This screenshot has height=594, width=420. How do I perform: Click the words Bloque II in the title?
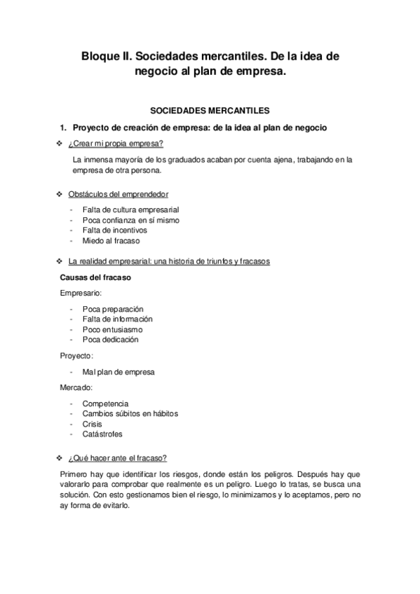coord(107,55)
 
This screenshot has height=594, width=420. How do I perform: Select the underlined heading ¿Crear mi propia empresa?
coord(116,144)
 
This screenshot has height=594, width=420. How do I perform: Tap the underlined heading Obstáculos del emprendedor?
coord(118,194)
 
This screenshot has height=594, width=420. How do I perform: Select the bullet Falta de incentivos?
coord(114,230)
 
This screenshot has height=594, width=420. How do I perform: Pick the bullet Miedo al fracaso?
coord(111,240)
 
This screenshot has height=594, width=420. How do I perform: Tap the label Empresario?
coord(81,293)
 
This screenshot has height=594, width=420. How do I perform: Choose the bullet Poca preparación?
coord(112,309)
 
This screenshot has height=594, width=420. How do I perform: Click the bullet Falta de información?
coord(117,319)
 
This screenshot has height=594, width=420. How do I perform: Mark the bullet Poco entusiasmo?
coord(112,329)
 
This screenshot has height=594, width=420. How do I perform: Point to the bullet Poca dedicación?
coord(110,340)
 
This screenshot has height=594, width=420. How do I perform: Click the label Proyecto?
coord(76,356)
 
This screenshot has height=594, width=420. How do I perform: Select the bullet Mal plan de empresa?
coord(118,372)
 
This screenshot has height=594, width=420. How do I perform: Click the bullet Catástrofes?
coord(102,434)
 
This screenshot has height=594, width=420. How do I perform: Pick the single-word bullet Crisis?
coord(92,424)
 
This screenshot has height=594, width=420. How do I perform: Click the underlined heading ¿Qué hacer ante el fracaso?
coord(117,458)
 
